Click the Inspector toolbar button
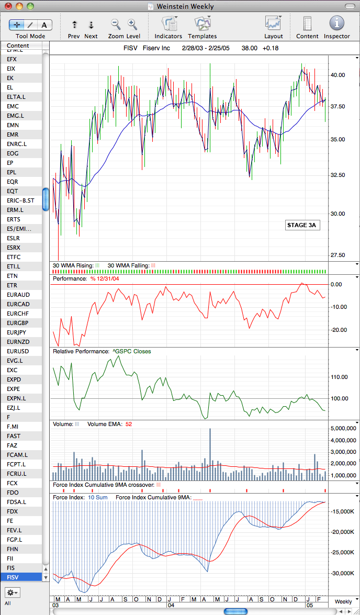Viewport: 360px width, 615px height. pos(336,23)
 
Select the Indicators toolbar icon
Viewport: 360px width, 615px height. pos(168,23)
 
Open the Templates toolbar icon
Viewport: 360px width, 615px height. pos(203,23)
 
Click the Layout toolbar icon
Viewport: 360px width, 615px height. pos(273,23)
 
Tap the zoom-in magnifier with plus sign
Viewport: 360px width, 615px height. pos(132,24)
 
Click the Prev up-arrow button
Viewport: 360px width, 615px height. pos(74,25)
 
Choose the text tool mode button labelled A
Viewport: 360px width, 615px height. pos(44,25)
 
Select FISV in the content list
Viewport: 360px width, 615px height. pos(14,577)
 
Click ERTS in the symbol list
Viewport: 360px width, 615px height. pos(13,219)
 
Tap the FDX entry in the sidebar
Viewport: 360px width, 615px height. pos(13,511)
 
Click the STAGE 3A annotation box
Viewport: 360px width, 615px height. pos(301,225)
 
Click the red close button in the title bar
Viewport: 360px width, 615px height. pos(8,6)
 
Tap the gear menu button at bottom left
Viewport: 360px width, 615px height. pos(12,592)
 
